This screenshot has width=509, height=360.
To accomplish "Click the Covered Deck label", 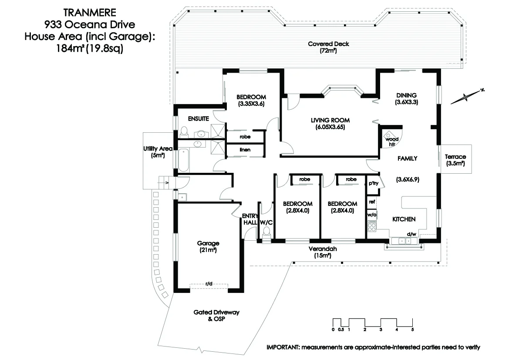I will (x=328, y=44).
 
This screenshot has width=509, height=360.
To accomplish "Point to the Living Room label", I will (x=330, y=120).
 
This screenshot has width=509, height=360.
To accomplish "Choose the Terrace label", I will (x=455, y=157).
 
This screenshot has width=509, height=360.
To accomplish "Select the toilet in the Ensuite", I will (x=184, y=132).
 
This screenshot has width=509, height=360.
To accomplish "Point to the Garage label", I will (x=208, y=243).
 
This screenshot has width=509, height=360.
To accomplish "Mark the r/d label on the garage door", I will (x=209, y=284).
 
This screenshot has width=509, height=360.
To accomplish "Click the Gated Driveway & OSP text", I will (x=216, y=316).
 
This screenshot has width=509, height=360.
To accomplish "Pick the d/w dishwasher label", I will (x=411, y=234).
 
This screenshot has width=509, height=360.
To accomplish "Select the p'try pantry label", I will (x=373, y=183).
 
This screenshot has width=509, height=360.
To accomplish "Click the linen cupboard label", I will (x=245, y=150).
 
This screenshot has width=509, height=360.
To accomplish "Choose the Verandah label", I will (x=323, y=249).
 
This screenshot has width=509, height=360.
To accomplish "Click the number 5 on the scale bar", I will (x=412, y=330).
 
